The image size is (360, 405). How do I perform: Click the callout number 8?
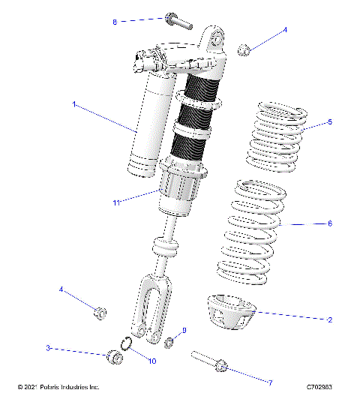click(x=115, y=22)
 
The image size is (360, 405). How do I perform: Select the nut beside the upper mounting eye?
click(x=244, y=50)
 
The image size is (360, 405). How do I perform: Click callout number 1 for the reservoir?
click(x=73, y=105)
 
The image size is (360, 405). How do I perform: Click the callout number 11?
click(x=116, y=202)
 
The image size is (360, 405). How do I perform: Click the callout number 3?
click(x=48, y=348)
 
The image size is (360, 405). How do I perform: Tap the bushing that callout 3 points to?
click(x=113, y=356)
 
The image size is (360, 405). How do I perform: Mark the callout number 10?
click(x=151, y=361)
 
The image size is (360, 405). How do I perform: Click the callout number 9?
click(x=184, y=330)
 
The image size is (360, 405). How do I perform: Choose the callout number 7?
click(x=269, y=382)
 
